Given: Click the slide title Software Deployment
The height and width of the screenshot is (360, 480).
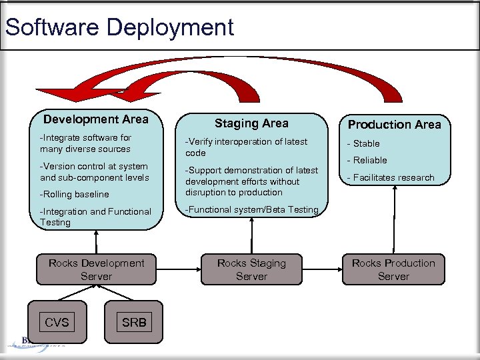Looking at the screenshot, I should [x=119, y=27].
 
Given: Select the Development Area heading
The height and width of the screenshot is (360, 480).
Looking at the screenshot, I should [x=96, y=119].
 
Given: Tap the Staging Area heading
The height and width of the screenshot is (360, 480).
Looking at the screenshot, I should [x=251, y=123].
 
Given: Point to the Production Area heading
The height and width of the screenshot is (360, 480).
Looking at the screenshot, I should [x=394, y=125].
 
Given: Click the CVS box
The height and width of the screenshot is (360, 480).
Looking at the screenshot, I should [x=57, y=323].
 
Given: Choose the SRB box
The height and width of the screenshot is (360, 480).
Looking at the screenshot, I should [x=134, y=323].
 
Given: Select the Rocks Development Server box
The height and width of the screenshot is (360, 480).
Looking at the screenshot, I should [x=96, y=269].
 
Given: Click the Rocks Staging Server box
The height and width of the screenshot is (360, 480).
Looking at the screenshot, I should [x=251, y=269].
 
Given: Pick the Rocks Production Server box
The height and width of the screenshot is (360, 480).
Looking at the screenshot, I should [x=393, y=269].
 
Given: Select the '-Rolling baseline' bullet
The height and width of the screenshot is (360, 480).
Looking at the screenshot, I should [x=74, y=195].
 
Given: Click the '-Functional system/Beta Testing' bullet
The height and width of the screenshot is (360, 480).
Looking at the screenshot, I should [x=252, y=209].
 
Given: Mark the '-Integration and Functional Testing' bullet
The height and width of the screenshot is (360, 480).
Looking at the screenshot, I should [x=95, y=217].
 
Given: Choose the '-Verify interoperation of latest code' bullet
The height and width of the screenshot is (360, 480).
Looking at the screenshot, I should [x=246, y=147].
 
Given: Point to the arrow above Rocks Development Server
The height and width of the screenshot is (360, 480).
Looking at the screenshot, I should [x=96, y=240].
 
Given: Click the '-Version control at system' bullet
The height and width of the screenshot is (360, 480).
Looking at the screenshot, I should [x=93, y=166].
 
